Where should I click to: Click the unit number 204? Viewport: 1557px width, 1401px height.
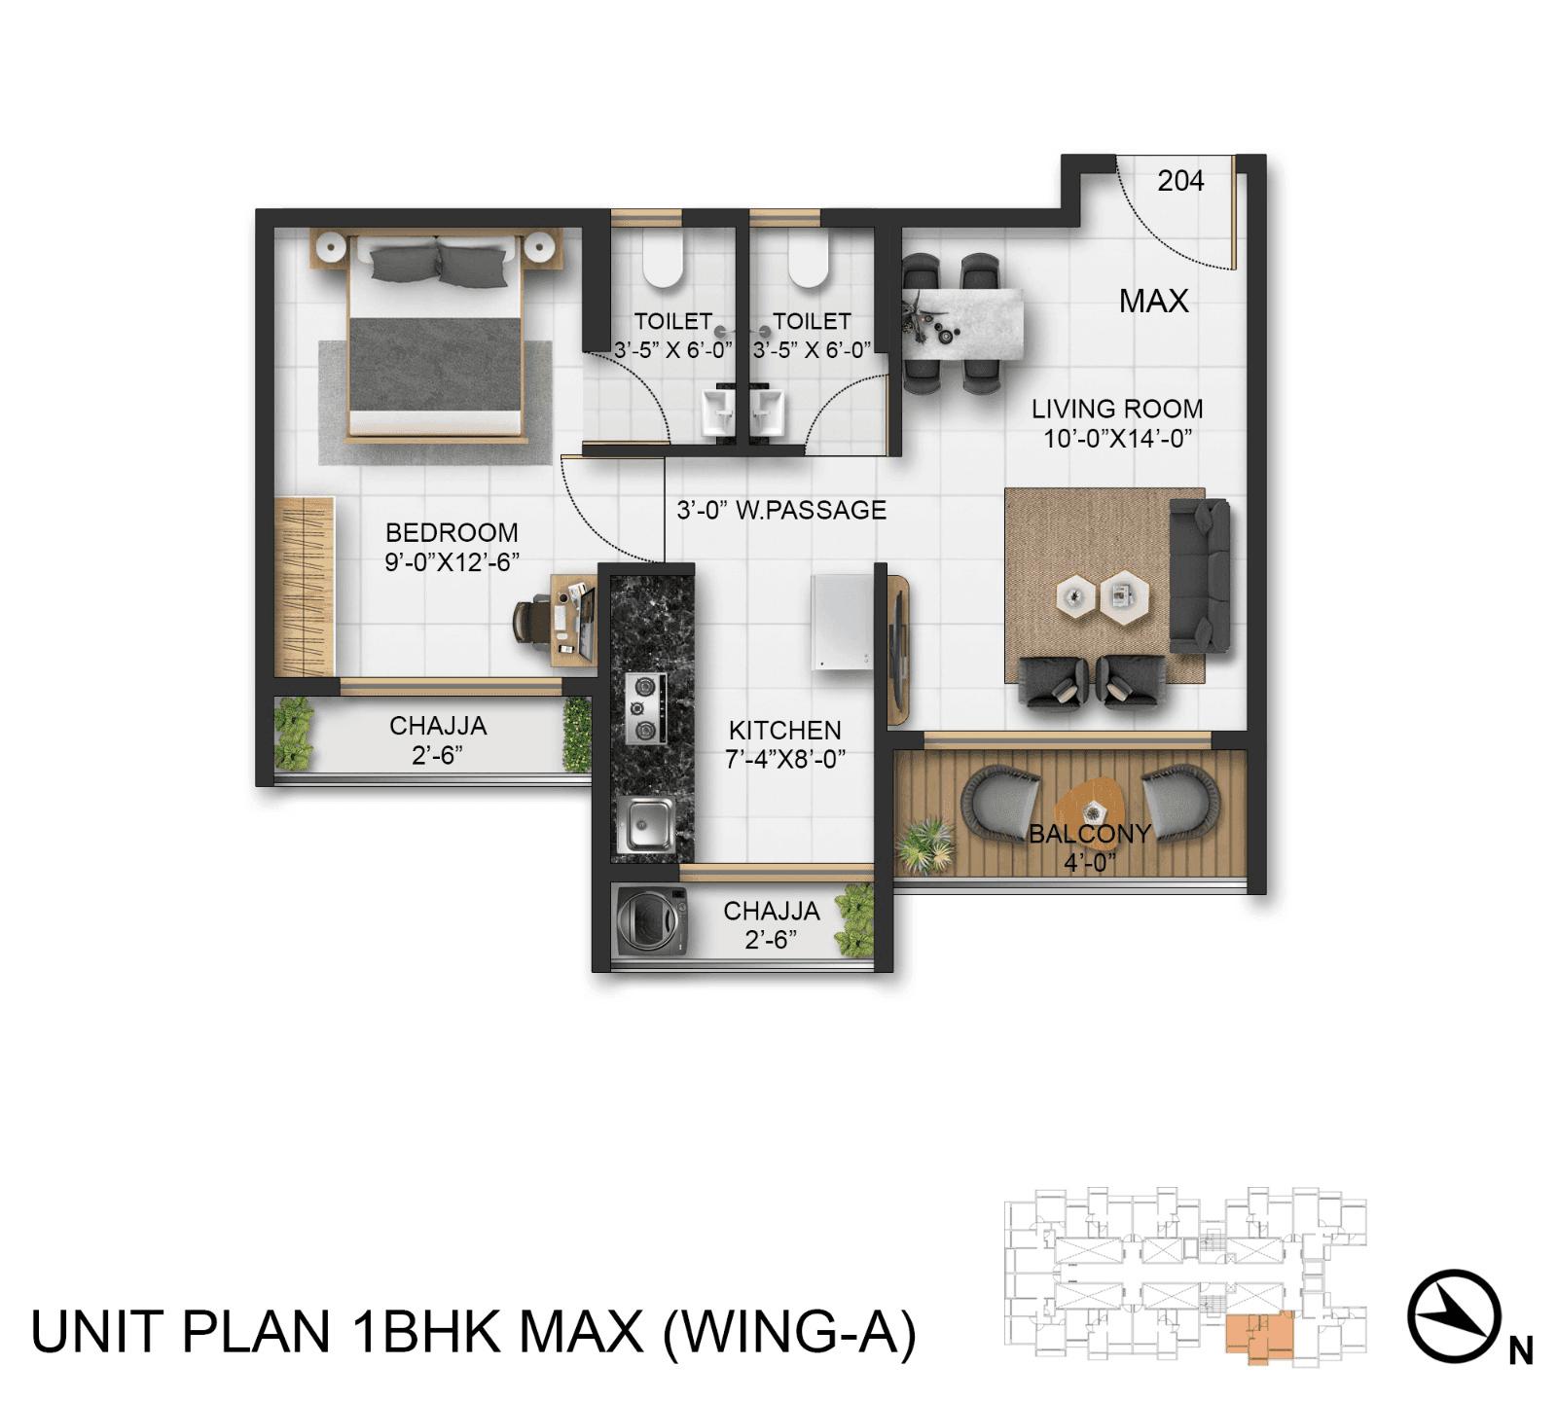coord(1179,181)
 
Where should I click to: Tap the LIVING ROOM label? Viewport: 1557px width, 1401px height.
coord(1116,410)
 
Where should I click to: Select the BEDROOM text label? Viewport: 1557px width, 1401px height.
coord(452,533)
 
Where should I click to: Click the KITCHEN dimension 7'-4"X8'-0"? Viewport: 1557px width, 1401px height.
coord(784,760)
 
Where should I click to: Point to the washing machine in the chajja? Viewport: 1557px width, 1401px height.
coord(650,920)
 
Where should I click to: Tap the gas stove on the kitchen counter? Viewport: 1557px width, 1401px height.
coord(644,708)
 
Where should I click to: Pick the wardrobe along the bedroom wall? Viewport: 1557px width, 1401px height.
coord(304,587)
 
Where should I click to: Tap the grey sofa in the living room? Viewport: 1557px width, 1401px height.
coord(1199,576)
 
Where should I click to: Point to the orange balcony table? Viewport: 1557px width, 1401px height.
coord(1091,807)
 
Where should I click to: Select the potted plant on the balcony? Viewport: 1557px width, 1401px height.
coord(924,844)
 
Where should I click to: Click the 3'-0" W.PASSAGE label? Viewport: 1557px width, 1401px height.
coord(781,510)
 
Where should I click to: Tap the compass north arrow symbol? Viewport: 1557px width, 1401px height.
coord(1454,1315)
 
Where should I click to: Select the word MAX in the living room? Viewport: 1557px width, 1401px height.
coord(1153,301)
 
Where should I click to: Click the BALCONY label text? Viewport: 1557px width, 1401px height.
coord(1089,834)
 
